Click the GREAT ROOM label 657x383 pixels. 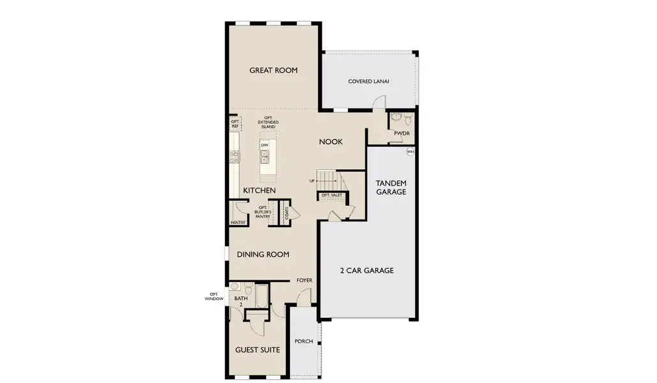(x=273, y=70)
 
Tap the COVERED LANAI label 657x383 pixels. (x=368, y=82)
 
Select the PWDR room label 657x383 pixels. (x=401, y=133)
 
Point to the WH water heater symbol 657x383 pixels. (x=410, y=152)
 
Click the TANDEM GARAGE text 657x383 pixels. (x=391, y=187)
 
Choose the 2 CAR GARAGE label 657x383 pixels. (x=366, y=271)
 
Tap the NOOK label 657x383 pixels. (x=331, y=142)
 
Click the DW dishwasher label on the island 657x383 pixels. (x=264, y=146)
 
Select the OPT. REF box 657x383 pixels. (x=235, y=123)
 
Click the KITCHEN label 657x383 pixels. (x=259, y=191)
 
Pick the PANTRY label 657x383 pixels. (x=238, y=223)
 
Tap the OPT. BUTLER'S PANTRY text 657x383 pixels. (x=263, y=212)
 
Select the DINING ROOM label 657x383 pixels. (x=263, y=255)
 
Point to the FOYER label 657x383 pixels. (x=304, y=280)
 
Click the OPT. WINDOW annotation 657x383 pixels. (x=214, y=296)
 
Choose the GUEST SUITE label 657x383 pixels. (x=255, y=350)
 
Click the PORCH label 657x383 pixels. (x=304, y=342)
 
